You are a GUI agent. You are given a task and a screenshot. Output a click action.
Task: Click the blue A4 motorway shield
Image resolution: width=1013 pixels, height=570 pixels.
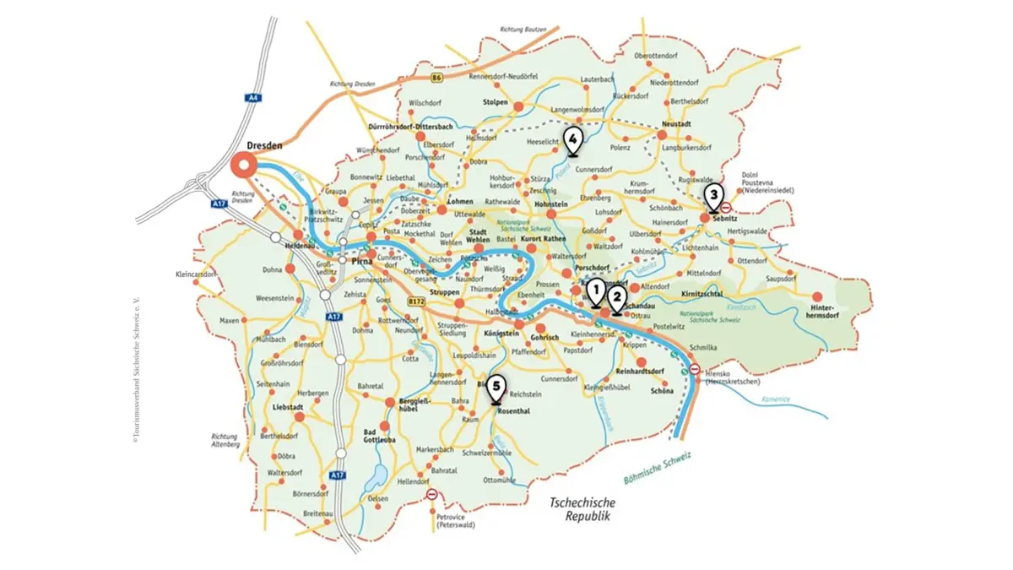[x=254, y=98]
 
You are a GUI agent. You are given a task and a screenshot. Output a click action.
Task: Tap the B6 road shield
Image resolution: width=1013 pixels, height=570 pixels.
[x=436, y=79]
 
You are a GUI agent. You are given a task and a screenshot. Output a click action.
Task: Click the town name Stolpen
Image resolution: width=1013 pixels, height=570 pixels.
[x=495, y=103]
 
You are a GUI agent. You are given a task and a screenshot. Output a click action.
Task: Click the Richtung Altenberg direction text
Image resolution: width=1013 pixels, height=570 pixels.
[x=226, y=440]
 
